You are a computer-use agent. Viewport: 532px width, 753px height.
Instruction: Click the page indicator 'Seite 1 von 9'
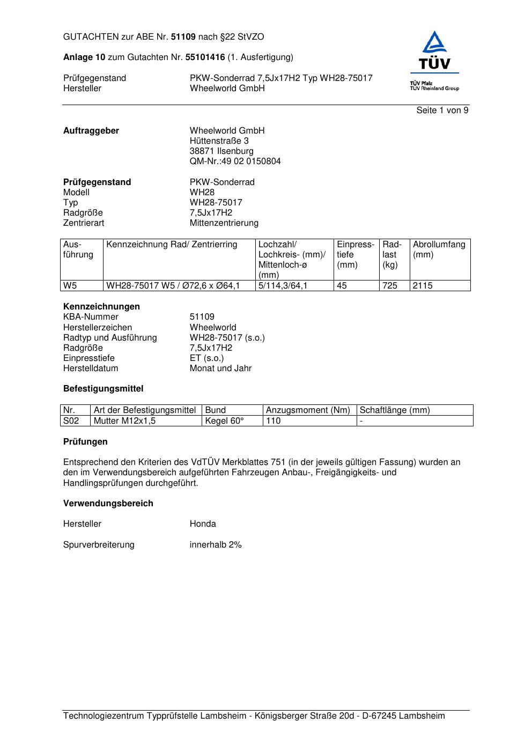click(442, 110)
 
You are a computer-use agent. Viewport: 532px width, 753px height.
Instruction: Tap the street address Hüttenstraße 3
click(219, 141)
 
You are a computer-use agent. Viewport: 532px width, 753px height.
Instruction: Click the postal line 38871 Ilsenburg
click(221, 151)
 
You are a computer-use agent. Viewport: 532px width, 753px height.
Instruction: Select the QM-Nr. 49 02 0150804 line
click(235, 161)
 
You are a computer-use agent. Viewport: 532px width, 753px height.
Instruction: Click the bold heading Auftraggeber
click(91, 131)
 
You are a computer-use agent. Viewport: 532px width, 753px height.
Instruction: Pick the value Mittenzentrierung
click(224, 223)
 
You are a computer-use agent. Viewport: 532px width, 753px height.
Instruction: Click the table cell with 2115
click(423, 286)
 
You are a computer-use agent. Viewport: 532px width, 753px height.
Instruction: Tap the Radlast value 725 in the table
click(390, 286)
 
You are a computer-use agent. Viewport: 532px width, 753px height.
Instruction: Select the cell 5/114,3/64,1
click(283, 286)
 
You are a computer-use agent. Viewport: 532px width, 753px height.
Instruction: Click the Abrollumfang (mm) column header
click(439, 249)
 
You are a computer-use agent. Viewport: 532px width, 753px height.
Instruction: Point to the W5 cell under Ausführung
click(70, 286)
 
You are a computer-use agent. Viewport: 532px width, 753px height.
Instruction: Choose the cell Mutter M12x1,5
click(124, 421)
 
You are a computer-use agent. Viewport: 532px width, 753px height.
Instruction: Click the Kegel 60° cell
click(225, 421)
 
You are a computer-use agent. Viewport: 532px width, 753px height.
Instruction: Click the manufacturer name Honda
click(203, 524)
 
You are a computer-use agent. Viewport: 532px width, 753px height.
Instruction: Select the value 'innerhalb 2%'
click(216, 545)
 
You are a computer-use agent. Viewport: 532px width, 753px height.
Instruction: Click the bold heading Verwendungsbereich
click(108, 504)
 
